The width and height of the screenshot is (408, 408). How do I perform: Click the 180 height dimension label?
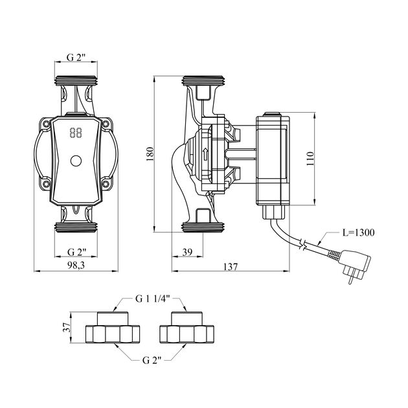tap(149, 153)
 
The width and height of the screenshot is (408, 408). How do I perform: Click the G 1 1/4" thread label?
tap(153, 299)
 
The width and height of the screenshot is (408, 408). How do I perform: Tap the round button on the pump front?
tap(76, 160)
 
